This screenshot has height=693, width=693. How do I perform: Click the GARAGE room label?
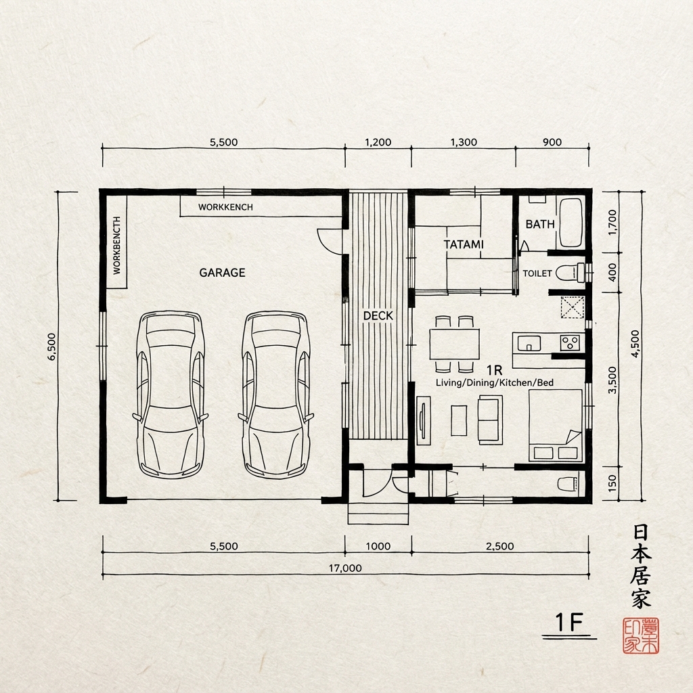point(222,273)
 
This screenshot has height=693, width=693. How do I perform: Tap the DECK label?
point(378,315)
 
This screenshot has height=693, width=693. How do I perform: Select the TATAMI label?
point(464,244)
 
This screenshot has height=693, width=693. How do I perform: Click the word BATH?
point(540,224)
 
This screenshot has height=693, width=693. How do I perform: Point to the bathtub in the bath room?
point(571,223)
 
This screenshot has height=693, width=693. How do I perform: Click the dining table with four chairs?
point(454,344)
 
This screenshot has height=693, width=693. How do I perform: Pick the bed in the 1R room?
point(555,426)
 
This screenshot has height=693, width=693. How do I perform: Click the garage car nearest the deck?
point(276,395)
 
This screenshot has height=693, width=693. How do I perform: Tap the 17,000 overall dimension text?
point(345,568)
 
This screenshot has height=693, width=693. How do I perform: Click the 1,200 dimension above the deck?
point(378,142)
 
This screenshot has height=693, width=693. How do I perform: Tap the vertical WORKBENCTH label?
point(116,245)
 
